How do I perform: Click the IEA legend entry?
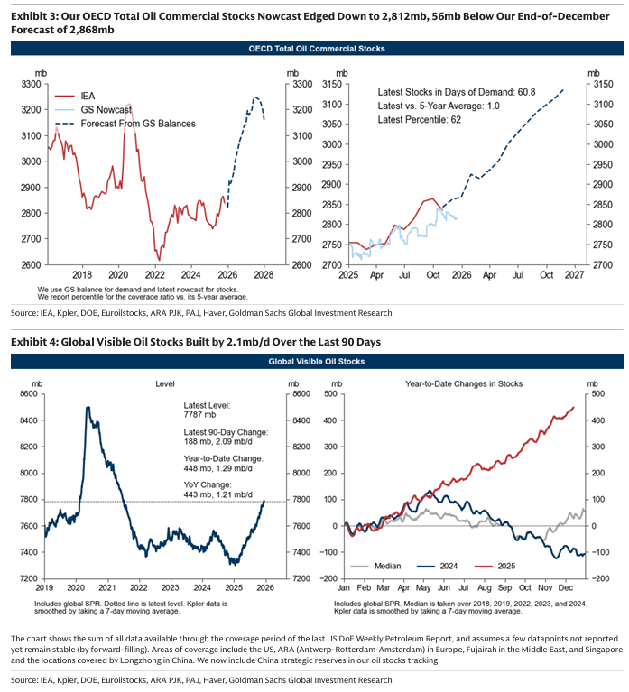[x=88, y=93]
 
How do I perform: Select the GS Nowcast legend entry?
[x=104, y=108]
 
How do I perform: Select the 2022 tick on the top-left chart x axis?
[x=154, y=274]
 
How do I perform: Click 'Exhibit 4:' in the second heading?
[x=33, y=341]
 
